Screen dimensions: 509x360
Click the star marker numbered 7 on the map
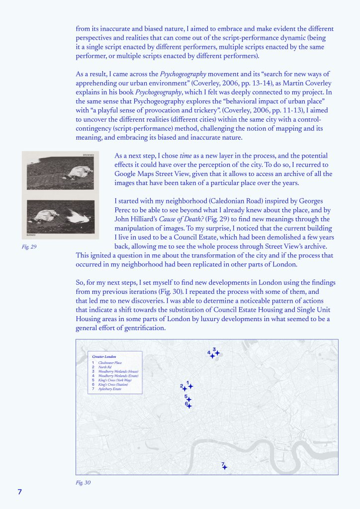[x=225, y=467]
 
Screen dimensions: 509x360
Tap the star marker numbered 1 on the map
[x=190, y=386]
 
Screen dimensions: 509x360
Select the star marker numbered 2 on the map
[x=184, y=389]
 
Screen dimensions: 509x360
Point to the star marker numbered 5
[x=188, y=399]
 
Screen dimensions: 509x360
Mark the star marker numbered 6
[x=189, y=406]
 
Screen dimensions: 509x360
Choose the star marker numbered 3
[x=217, y=353]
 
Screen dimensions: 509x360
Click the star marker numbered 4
[x=212, y=356]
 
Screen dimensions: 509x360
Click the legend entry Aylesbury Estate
[x=109, y=389]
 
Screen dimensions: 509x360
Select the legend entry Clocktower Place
[x=110, y=363]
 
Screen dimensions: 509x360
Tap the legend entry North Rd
[x=105, y=367]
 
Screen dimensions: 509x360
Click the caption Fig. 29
[x=29, y=247]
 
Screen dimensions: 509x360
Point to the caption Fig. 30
[x=83, y=482]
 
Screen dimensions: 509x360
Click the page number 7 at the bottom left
[x=20, y=492]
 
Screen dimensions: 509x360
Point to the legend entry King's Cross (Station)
[x=113, y=385]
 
